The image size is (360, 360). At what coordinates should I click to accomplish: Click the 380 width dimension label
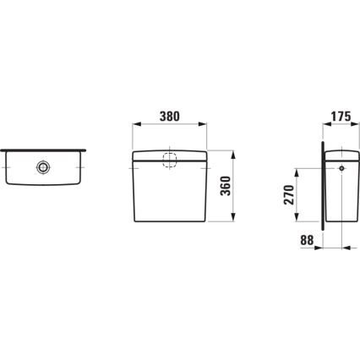pos(168,119)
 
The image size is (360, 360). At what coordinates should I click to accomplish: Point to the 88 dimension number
pos(306,241)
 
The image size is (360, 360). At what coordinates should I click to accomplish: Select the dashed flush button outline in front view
pos(168,161)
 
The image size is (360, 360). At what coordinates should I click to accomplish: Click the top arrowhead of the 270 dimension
pos(297,169)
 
